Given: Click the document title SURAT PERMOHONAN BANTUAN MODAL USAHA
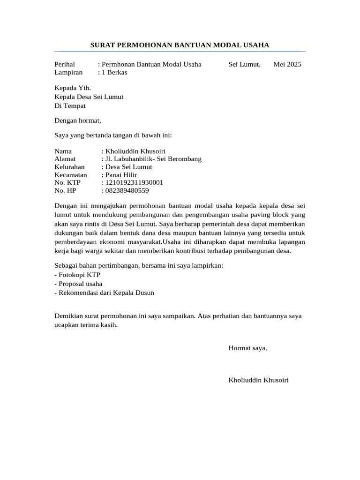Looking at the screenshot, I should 180,45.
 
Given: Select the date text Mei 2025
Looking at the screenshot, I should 287,64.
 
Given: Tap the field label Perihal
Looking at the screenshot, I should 65,64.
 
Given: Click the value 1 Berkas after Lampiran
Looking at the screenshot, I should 114,72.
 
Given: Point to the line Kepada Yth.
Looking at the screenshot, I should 73,88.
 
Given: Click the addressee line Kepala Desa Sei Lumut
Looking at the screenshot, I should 89,97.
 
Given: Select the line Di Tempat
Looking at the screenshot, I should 70,105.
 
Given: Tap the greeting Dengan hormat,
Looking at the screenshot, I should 78,120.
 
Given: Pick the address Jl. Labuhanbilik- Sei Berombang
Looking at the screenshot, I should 153,159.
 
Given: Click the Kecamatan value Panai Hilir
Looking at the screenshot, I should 121,175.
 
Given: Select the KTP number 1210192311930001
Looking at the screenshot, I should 134,182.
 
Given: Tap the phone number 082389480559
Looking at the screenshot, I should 127,190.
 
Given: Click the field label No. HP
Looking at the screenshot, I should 65,190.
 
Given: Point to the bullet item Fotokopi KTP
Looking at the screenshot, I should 77,275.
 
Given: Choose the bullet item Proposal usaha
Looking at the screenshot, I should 78,284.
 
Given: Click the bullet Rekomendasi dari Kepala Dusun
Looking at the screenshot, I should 104,292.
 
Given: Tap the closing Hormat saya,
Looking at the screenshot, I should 247,348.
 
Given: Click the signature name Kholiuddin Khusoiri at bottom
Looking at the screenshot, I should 258,380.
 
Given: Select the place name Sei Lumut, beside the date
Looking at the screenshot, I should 244,64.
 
